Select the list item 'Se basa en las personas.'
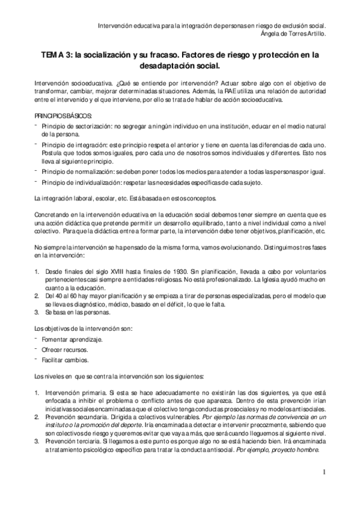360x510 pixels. tap(76, 313)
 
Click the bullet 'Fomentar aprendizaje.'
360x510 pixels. tap(72, 340)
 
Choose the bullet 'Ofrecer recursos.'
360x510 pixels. tap(65, 350)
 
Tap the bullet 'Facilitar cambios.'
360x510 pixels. tap(66, 360)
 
